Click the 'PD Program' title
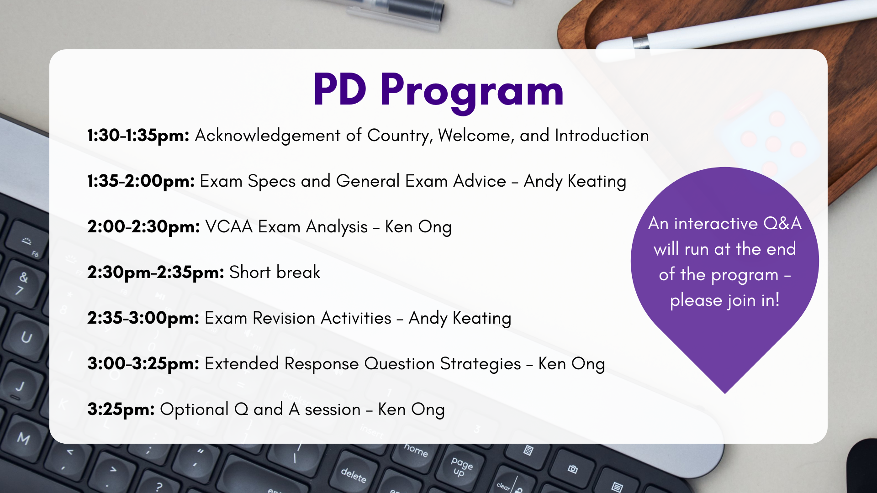[438, 90]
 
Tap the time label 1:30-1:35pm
[138, 136]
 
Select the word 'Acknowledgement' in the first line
[267, 136]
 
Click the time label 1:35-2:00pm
[141, 181]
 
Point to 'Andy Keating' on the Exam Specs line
[575, 181]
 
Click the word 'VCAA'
[229, 227]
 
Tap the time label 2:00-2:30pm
[143, 227]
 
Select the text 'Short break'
[275, 273]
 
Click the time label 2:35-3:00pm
[143, 318]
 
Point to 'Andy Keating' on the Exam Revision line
[460, 318]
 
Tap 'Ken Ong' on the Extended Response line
[571, 364]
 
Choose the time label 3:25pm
[121, 409]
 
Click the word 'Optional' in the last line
[194, 409]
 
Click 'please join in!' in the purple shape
[724, 300]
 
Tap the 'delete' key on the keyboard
[354, 475]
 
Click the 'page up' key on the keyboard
[461, 467]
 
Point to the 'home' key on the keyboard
[416, 450]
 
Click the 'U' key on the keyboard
[26, 337]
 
